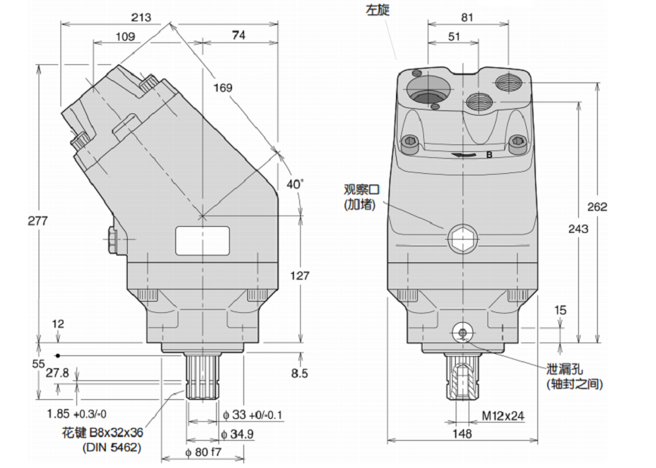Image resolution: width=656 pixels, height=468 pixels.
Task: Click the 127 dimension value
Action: pyautogui.click(x=300, y=276)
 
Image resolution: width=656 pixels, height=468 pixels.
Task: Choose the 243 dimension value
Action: pyautogui.click(x=578, y=230)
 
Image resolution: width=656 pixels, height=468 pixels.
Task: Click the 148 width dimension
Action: pyautogui.click(x=463, y=433)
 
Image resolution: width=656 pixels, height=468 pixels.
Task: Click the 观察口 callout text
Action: pyautogui.click(x=360, y=189)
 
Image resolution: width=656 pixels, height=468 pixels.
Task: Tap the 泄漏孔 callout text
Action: pyautogui.click(x=565, y=370)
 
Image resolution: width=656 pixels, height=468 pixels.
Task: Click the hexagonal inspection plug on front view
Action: pyautogui.click(x=462, y=240)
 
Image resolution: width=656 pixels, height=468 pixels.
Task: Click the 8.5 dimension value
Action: pyautogui.click(x=300, y=372)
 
